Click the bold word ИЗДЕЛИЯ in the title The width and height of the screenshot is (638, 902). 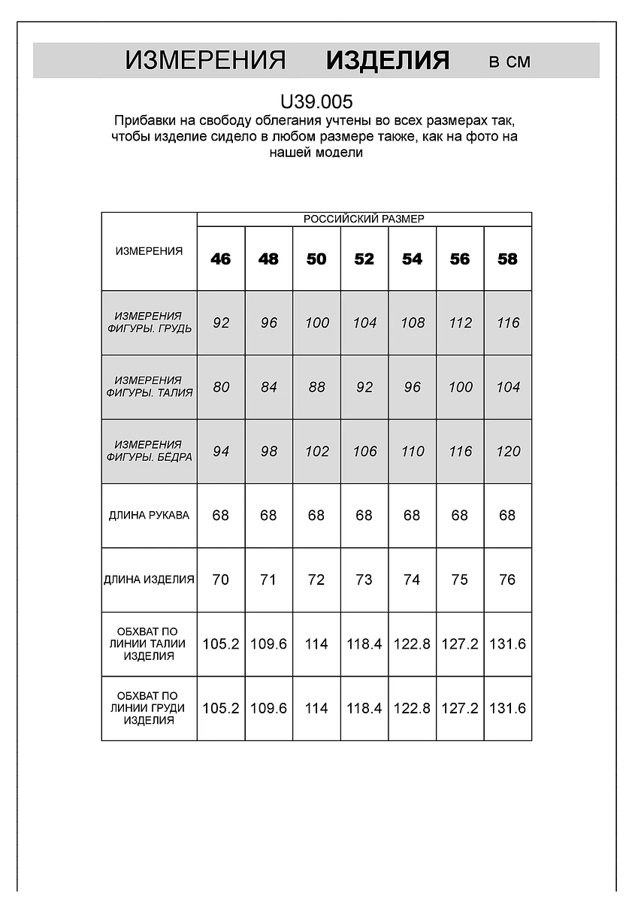pyautogui.click(x=388, y=61)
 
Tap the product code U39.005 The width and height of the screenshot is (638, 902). pyautogui.click(x=316, y=101)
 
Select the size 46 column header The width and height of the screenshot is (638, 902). pyautogui.click(x=221, y=259)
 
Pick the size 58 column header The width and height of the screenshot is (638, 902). pyautogui.click(x=508, y=259)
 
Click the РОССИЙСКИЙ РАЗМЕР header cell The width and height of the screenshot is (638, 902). pyautogui.click(x=364, y=219)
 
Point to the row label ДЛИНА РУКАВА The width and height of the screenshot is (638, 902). pyautogui.click(x=149, y=516)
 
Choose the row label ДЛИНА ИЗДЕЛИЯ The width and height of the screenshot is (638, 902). pyautogui.click(x=149, y=580)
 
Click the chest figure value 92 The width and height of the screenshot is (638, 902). pyautogui.click(x=221, y=322)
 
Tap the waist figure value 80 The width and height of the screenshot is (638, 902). pyautogui.click(x=221, y=387)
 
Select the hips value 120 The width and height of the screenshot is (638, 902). pyautogui.click(x=508, y=451)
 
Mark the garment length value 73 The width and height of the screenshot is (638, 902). pyautogui.click(x=364, y=580)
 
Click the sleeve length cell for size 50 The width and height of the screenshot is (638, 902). pyautogui.click(x=316, y=516)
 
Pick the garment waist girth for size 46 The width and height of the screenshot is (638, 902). pyautogui.click(x=221, y=644)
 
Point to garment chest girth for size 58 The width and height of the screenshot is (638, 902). pyautogui.click(x=508, y=708)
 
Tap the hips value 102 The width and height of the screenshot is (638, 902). pyautogui.click(x=316, y=451)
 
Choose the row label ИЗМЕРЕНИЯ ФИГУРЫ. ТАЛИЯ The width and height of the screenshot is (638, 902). pyautogui.click(x=149, y=386)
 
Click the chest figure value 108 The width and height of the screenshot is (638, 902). pyautogui.click(x=413, y=322)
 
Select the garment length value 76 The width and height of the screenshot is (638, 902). pyautogui.click(x=508, y=580)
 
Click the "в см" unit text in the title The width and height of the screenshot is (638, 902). pyautogui.click(x=509, y=62)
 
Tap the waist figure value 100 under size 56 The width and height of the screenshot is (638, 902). pyautogui.click(x=460, y=387)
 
